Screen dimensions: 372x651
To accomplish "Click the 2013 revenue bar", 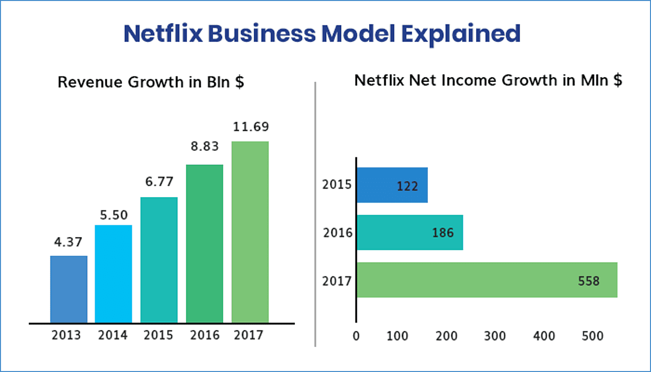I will pyautogui.click(x=69, y=289).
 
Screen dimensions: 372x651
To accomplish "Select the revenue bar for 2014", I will pyautogui.click(x=113, y=274).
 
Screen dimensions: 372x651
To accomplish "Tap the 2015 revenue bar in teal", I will pyautogui.click(x=158, y=260).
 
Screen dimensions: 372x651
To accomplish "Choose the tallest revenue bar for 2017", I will pyautogui.click(x=250, y=232).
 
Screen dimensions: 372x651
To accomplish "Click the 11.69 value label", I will pyautogui.click(x=251, y=127).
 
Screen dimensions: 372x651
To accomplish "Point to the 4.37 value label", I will pyautogui.click(x=69, y=242).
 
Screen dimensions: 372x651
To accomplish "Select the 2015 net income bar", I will pyautogui.click(x=392, y=185).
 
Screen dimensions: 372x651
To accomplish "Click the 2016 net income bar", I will pyautogui.click(x=409, y=232).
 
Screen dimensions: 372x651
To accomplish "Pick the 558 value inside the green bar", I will pyautogui.click(x=588, y=281).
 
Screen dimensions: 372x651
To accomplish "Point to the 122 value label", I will pyautogui.click(x=407, y=187).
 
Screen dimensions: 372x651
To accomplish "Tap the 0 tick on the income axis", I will pyautogui.click(x=356, y=336).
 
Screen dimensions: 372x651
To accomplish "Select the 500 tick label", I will pyautogui.click(x=592, y=336).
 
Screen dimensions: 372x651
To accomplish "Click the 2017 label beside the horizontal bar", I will pyautogui.click(x=337, y=280).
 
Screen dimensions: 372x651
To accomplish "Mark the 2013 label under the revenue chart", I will pyautogui.click(x=66, y=336).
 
